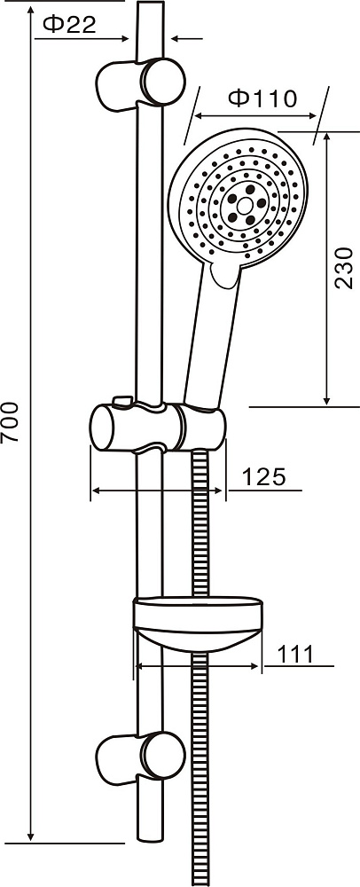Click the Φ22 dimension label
(69, 23)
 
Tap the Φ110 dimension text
(262, 98)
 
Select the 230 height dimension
(344, 268)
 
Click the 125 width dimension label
(264, 477)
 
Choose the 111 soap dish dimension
(295, 655)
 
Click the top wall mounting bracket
(141, 82)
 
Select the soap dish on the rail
(198, 624)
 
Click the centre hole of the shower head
(245, 206)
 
